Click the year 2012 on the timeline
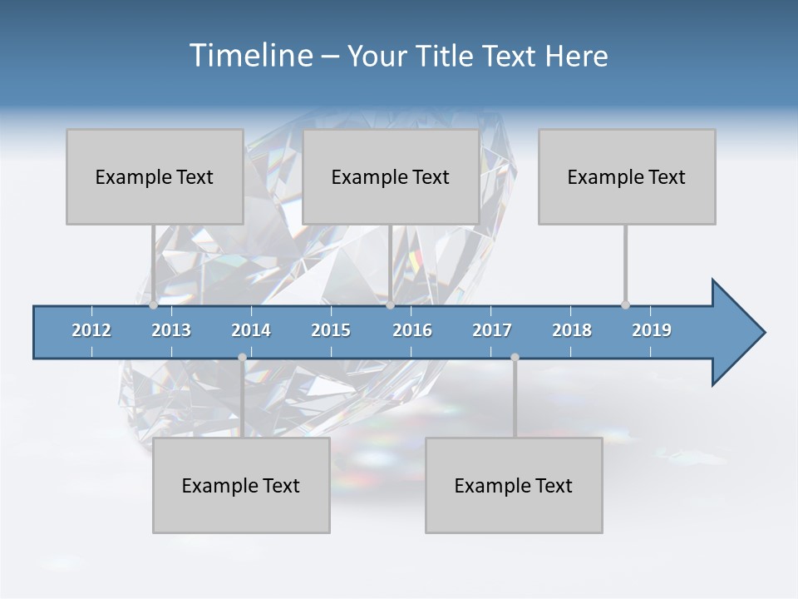coord(91,330)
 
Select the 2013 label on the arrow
coord(171,330)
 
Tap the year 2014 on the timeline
coord(251,330)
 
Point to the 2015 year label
coord(331,330)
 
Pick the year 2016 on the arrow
coord(412,330)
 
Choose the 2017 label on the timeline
coord(492,330)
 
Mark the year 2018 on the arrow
coord(572,330)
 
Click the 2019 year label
coord(652,330)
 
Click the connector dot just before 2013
coord(153,305)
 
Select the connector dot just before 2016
coord(390,305)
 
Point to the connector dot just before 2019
coord(625,305)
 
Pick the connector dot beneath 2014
coord(242,358)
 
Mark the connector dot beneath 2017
coord(515,358)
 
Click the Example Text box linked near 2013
coord(155,176)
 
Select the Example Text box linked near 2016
coord(391,176)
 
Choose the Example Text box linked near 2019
coord(627,176)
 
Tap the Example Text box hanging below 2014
coord(241,485)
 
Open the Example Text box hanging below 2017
coord(514,485)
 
